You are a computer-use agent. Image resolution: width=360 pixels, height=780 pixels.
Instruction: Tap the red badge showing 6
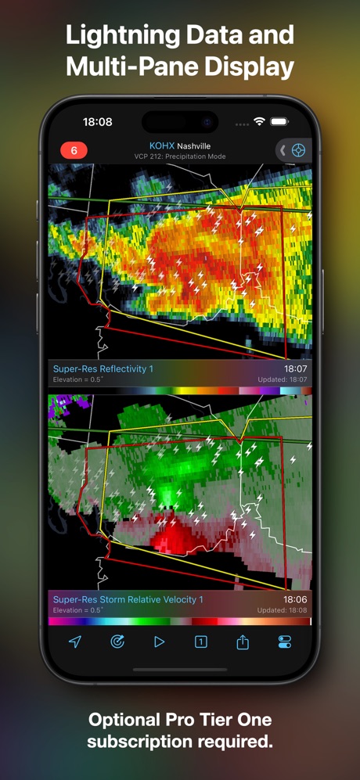coord(74,150)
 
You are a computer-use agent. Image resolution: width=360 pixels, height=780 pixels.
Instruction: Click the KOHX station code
coord(161,146)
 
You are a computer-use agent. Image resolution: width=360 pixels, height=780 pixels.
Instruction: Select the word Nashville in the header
coord(193,146)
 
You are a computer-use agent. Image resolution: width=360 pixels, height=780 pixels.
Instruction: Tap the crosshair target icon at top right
coord(298,150)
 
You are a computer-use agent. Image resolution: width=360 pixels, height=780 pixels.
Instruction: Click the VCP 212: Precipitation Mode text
coord(180,156)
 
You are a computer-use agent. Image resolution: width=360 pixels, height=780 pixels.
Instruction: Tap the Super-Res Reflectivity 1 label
coord(103,368)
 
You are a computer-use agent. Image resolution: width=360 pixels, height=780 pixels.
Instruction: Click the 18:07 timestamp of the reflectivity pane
coord(295,368)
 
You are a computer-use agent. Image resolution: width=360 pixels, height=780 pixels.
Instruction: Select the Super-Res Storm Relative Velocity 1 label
coord(128,599)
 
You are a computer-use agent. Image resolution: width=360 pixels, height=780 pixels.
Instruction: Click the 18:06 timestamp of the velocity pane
coord(295,599)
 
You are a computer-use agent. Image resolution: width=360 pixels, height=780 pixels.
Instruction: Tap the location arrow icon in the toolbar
coord(75,642)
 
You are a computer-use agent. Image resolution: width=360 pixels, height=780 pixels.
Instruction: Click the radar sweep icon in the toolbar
coord(117,642)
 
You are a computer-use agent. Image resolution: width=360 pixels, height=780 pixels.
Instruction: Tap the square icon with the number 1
coord(201,642)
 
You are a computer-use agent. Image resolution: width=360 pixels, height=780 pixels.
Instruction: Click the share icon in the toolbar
coord(243,642)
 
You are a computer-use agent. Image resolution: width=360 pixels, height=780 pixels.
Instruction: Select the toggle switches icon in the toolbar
coord(284,642)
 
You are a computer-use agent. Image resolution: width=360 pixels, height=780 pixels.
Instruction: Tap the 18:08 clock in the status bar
coord(98,122)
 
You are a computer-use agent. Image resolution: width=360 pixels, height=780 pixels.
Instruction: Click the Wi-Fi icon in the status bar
coord(259,122)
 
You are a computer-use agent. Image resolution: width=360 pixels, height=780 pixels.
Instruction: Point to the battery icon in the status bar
coord(279,122)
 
